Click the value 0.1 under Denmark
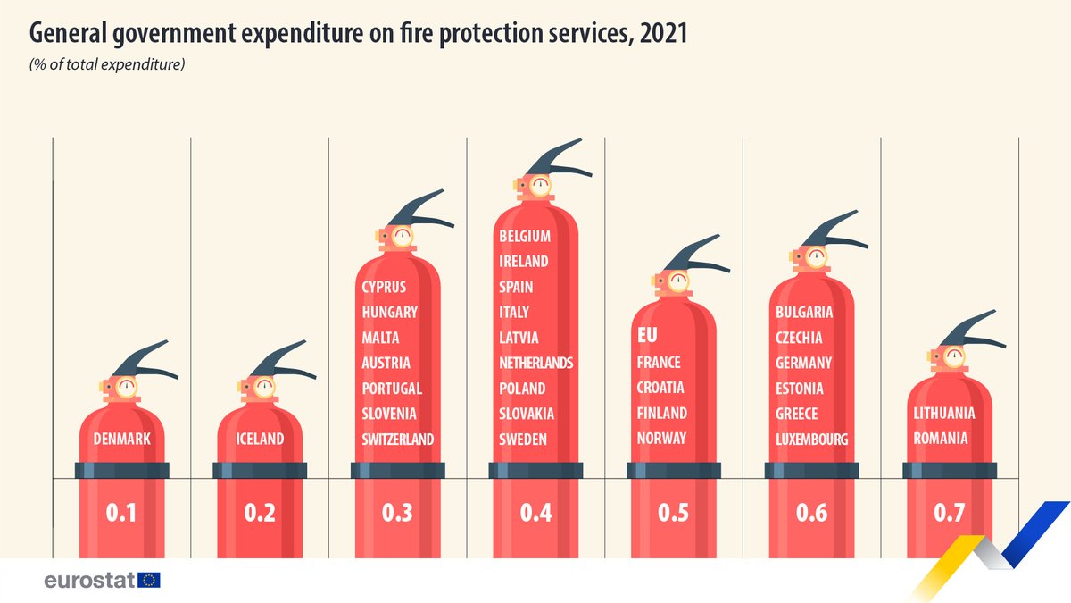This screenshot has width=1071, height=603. (121, 513)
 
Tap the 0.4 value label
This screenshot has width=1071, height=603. (535, 513)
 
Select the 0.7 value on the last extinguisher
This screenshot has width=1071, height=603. (949, 513)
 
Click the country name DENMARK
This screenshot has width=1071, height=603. (121, 439)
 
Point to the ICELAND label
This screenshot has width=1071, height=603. (260, 439)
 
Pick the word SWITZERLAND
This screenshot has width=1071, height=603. (398, 439)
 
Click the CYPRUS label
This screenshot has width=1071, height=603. (384, 287)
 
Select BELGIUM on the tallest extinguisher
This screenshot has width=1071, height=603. (525, 236)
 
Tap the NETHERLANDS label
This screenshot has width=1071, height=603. (536, 363)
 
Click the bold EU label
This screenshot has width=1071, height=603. (646, 336)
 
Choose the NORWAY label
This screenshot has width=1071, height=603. (661, 438)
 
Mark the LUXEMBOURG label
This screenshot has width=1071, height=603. (811, 439)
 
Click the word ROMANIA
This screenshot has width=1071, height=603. (941, 439)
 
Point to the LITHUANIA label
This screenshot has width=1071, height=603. (944, 413)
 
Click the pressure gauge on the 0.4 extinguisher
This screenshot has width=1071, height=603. (541, 187)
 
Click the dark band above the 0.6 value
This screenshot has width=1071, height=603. (811, 471)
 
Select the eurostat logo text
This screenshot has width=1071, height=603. (89, 581)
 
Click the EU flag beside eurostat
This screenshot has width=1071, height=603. (150, 581)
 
